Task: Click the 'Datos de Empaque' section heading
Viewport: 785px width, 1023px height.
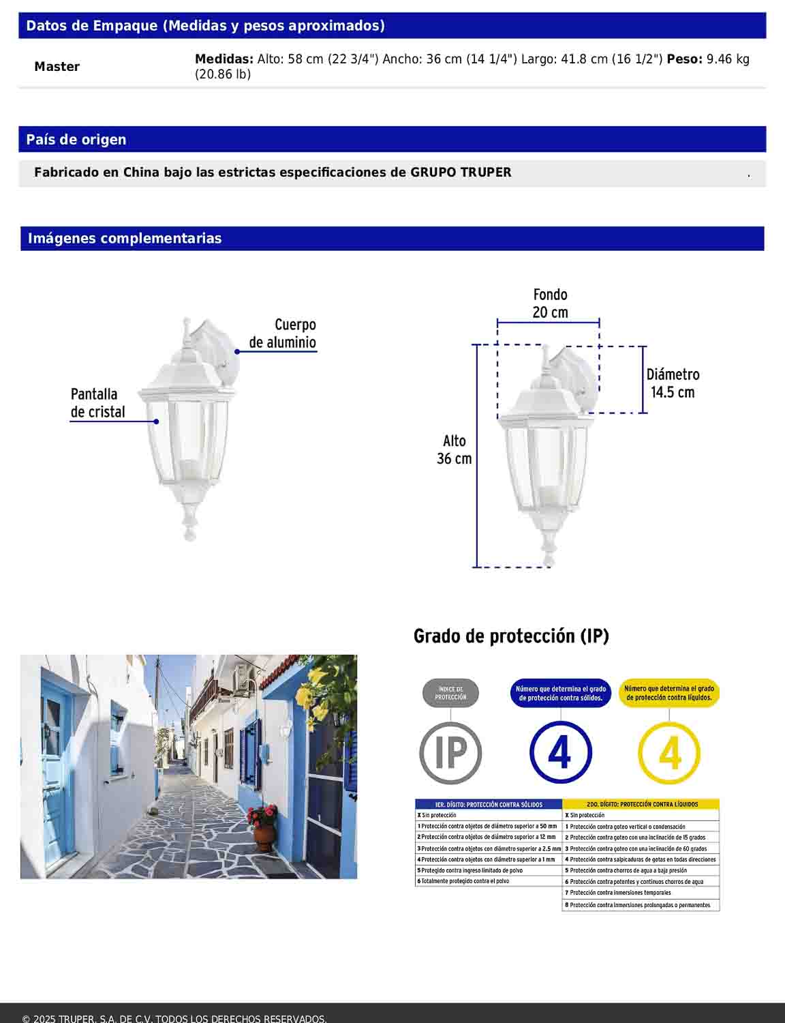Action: (205, 26)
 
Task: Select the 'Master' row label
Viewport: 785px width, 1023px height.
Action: (57, 67)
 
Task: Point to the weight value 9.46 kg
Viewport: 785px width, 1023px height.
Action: (728, 59)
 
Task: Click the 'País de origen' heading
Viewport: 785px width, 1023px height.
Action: (76, 140)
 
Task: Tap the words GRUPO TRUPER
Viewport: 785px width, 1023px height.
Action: (460, 173)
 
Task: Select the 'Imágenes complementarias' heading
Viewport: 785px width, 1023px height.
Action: (125, 239)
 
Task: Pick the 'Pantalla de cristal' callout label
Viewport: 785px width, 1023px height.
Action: (97, 403)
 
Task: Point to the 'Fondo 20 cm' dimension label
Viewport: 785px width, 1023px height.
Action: (549, 303)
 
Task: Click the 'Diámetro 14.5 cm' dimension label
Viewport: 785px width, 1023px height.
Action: (673, 383)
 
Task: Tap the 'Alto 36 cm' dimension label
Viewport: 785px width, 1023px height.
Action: (454, 450)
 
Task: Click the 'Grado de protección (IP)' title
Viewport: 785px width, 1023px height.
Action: (511, 636)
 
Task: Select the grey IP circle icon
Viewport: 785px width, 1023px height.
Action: (450, 753)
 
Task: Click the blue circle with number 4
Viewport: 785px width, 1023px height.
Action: (560, 753)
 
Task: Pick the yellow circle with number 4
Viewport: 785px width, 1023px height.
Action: (669, 753)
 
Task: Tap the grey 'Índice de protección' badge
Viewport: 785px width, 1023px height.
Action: (450, 694)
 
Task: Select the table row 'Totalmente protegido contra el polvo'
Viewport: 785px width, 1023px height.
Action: (488, 881)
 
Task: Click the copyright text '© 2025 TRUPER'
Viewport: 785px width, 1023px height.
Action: (174, 1018)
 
